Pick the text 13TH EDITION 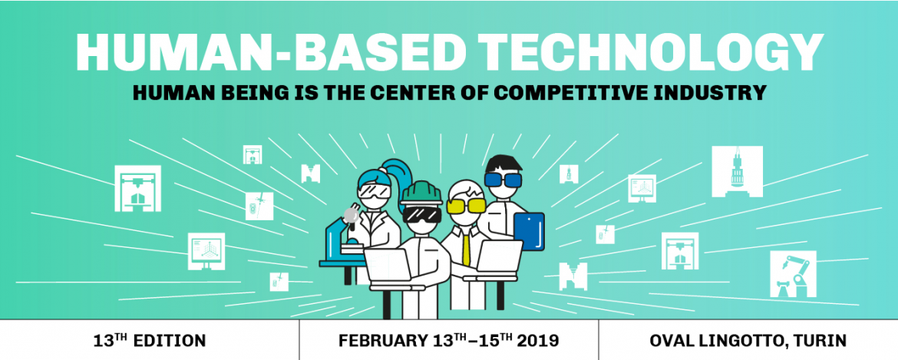click(x=150, y=341)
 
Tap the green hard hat click(x=421, y=193)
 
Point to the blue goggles click(x=503, y=179)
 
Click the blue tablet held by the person click(x=529, y=231)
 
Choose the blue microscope click(x=342, y=243)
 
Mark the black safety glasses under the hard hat click(x=421, y=214)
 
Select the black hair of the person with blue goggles click(x=503, y=163)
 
